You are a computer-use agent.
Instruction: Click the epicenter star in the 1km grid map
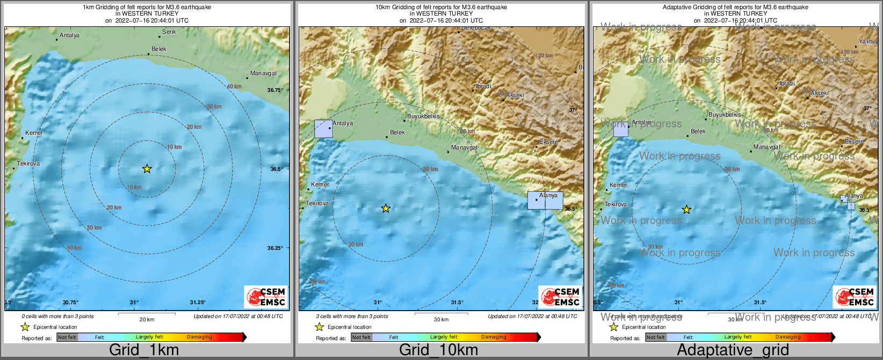pos(147,169)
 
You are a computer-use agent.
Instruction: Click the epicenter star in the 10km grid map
pos(386,208)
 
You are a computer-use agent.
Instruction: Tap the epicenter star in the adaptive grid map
pos(686,210)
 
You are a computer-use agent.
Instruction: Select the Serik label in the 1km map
pos(169,32)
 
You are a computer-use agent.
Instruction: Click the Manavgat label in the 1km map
pos(263,73)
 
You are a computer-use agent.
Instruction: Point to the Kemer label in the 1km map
pos(34,133)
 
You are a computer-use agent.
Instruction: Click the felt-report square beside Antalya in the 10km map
pos(323,129)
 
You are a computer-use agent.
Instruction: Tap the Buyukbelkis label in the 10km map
pos(423,116)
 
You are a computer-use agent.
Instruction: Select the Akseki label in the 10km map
pos(515,95)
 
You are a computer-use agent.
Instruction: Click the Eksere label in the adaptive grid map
pos(854,141)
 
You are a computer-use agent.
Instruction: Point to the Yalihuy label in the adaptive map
pos(868,41)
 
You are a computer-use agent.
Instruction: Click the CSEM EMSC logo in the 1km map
pos(266,297)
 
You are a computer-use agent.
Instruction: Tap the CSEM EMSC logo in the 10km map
pos(560,297)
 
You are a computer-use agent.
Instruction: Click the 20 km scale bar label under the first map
pos(147,319)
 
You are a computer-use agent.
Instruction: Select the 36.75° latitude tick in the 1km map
pos(275,90)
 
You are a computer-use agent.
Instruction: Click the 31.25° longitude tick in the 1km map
pos(198,303)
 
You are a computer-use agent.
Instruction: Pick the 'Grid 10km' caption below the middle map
pos(438,350)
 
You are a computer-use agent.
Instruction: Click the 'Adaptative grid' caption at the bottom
pos(733,350)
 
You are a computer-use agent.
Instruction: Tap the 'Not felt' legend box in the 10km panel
pos(361,337)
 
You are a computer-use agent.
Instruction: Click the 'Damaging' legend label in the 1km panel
pos(199,337)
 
